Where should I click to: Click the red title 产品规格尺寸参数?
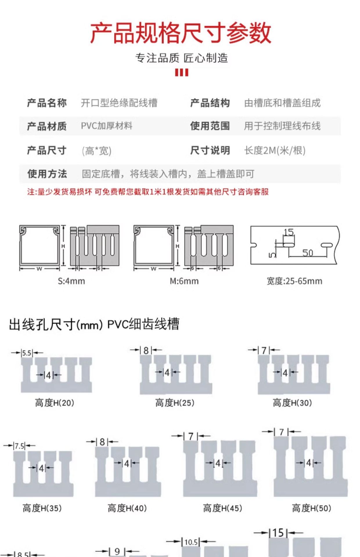180,33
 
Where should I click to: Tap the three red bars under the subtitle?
181,72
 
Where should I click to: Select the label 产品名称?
47,103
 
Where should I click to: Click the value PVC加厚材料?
107,126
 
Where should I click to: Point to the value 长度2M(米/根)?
275,151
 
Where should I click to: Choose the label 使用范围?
210,126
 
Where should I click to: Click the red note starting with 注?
148,192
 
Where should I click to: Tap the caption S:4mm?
71,281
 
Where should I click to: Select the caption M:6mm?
184,281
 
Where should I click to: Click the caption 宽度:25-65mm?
294,281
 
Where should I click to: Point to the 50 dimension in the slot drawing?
307,253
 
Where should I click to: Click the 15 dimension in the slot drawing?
289,232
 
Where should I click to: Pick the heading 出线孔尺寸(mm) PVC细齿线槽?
94,324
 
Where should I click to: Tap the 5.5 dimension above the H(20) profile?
27,353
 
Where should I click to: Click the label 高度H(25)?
174,403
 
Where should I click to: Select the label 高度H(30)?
292,403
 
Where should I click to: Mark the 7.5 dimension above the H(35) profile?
19,446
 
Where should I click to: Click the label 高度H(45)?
222,508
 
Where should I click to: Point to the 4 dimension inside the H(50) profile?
309,463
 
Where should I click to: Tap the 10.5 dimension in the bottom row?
191,542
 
